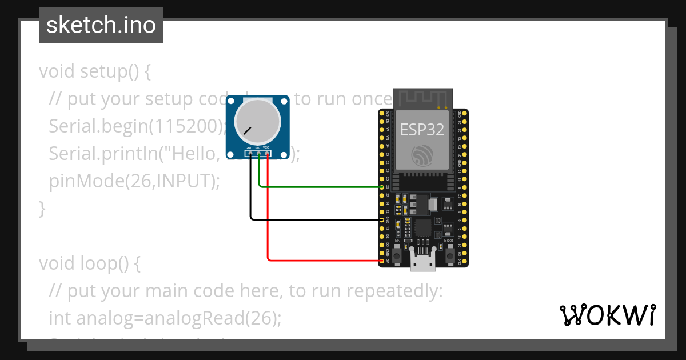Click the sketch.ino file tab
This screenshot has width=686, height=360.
point(101,25)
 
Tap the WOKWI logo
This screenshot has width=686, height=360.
point(607,315)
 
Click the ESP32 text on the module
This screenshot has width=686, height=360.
point(422,130)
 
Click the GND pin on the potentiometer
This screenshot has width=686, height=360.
point(250,153)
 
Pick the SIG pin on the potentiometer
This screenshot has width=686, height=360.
point(258,153)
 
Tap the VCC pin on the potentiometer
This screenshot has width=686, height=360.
point(267,153)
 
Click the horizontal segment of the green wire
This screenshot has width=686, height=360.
point(320,186)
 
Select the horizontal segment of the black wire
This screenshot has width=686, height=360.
point(314,218)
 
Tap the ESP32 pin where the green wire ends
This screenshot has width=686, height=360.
point(382,187)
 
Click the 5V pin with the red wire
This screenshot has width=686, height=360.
point(382,261)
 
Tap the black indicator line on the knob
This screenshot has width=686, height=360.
point(247,130)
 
